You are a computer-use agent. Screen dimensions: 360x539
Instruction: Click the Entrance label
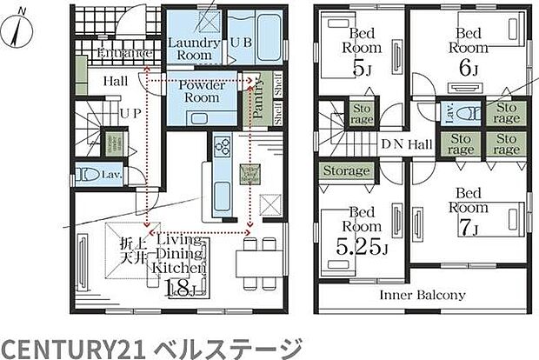(125, 54)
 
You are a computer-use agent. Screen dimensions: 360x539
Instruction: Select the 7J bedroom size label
(466, 229)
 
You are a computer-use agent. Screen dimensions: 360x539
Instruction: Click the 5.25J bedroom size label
(361, 249)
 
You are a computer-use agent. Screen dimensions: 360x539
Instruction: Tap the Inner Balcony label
(423, 295)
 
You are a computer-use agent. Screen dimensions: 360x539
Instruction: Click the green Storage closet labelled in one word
(347, 170)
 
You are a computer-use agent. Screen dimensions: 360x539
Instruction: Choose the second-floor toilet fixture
(469, 112)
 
